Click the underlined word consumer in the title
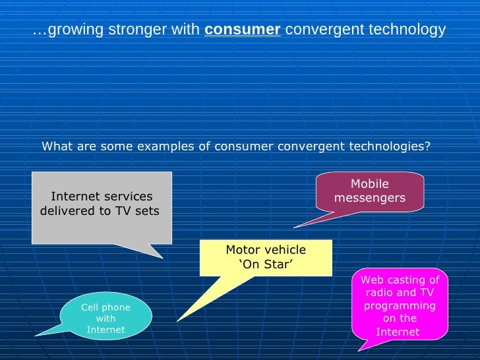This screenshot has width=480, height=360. coord(243,30)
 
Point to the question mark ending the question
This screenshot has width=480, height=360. coord(427,146)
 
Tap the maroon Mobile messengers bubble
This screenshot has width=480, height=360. coord(369,191)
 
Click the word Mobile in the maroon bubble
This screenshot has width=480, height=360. coord(369,184)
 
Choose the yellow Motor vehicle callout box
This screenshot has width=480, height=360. coord(266,257)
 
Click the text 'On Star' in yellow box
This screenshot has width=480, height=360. coord(266,264)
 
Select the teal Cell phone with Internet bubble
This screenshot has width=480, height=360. coord(105,316)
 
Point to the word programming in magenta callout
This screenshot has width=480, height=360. coord(400,306)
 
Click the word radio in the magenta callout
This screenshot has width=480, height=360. coord(379,293)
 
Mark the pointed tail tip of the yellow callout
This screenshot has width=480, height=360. coord(177,321)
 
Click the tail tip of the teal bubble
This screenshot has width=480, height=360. coord(36,335)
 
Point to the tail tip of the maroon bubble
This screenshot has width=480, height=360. coord(294,227)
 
